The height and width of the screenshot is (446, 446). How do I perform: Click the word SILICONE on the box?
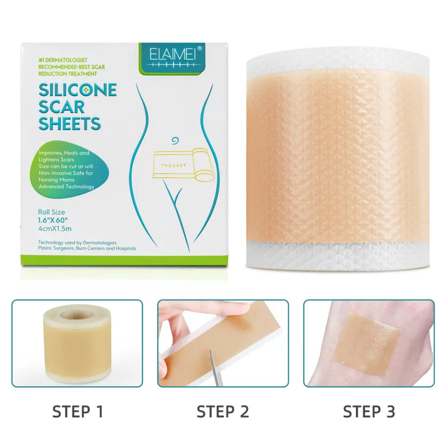[x=78, y=90]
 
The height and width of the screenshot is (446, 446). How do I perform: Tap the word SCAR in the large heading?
[x=61, y=107]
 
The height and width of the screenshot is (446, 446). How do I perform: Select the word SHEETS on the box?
[x=70, y=123]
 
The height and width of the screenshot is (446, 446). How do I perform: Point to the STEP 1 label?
[x=78, y=411]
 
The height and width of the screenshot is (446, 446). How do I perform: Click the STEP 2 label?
[x=223, y=411]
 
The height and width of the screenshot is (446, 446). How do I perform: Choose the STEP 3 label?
[x=369, y=411]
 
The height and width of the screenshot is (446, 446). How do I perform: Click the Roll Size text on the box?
[x=52, y=212]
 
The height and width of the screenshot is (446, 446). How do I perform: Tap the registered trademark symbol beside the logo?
[x=199, y=49]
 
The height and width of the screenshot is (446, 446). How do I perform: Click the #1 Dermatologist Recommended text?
[x=71, y=67]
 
